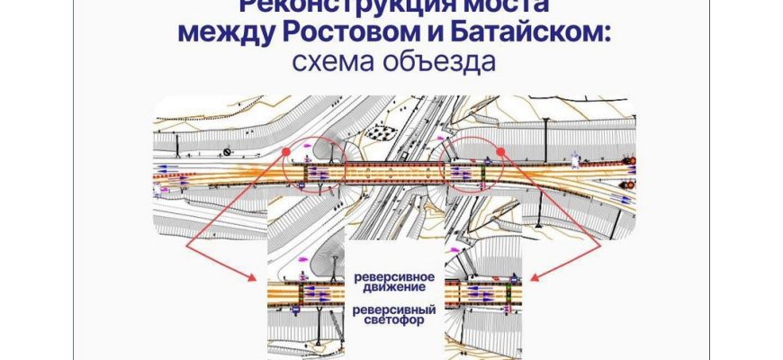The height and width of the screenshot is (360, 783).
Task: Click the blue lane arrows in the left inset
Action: point(312,293)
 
